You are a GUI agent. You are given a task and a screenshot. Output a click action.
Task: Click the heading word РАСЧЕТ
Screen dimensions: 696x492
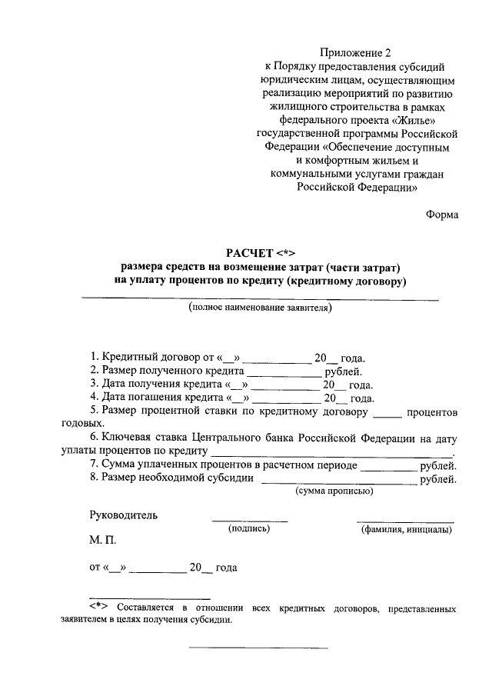point(249,254)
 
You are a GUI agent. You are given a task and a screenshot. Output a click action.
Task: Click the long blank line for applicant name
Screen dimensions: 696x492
point(260,298)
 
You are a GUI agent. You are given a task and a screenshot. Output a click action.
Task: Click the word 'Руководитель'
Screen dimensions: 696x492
point(124,515)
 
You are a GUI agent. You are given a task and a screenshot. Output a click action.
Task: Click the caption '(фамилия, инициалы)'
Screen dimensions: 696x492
point(406,530)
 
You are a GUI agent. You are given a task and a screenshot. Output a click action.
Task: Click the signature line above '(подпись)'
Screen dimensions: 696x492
point(250,521)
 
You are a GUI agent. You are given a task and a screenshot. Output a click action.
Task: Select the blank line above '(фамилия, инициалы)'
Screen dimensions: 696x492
point(405,521)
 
